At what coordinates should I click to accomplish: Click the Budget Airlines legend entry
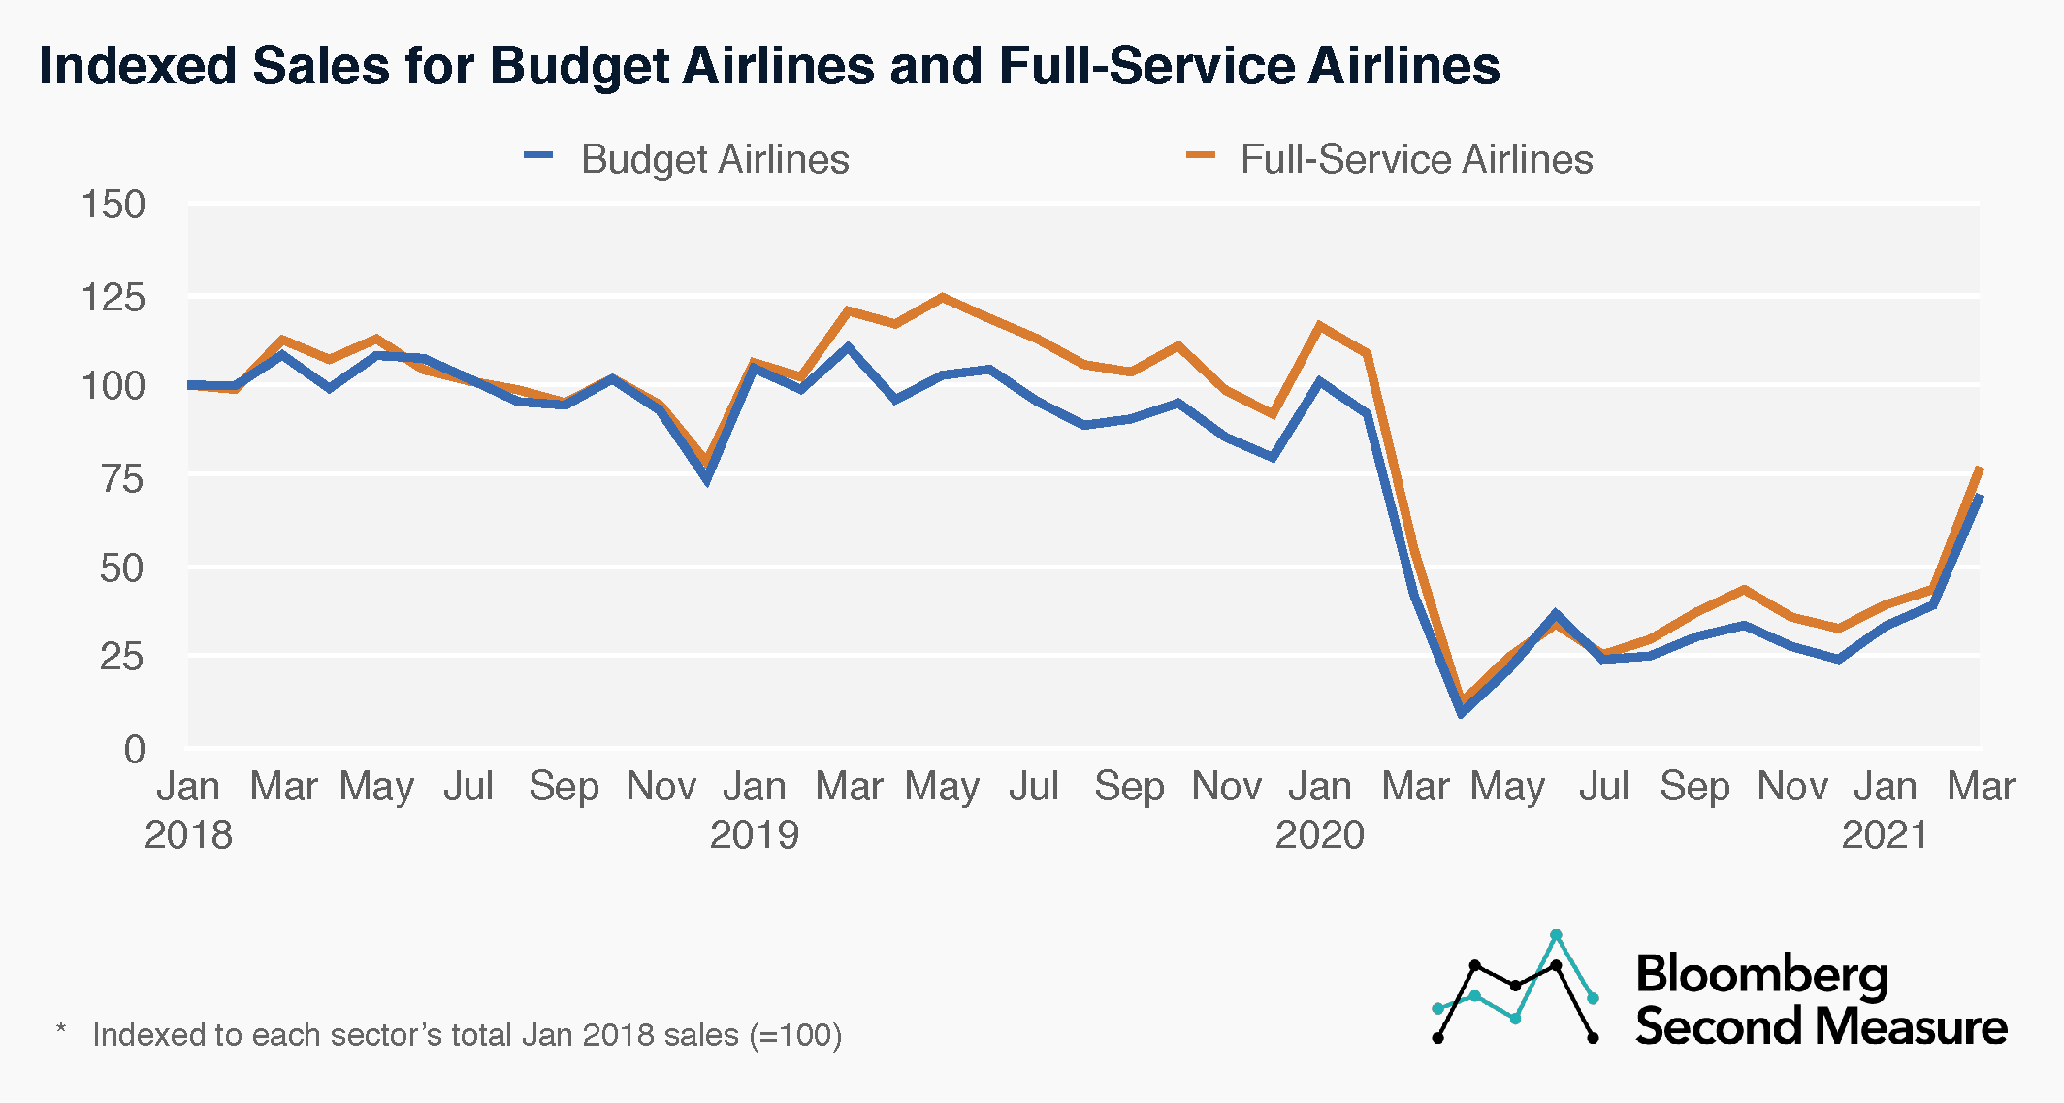tap(714, 159)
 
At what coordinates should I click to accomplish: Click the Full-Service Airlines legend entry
tap(1415, 159)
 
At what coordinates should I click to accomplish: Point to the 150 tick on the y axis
tap(113, 205)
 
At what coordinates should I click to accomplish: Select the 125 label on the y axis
tap(113, 297)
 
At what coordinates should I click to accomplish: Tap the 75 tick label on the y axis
tap(122, 478)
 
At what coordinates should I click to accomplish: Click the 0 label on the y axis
tap(134, 749)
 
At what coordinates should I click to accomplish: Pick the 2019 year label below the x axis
tap(754, 834)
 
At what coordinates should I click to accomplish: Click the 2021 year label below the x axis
tap(1886, 834)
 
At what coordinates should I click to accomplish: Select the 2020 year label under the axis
tap(1319, 834)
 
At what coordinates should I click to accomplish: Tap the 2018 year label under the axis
tap(188, 834)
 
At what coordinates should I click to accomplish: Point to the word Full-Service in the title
tap(1145, 66)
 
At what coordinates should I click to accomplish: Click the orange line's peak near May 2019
tap(942, 297)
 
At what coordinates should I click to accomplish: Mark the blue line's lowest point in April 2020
tap(1461, 714)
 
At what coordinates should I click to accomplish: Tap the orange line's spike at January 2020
tap(1319, 325)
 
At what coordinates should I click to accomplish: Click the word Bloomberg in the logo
tap(1761, 974)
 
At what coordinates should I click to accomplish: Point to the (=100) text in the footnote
tap(795, 1035)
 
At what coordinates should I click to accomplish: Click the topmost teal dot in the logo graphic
tap(1556, 935)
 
